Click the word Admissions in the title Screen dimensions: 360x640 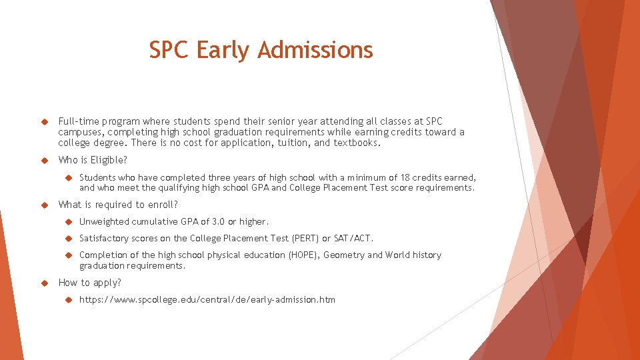click(x=315, y=50)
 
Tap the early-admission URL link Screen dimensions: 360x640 click(x=207, y=300)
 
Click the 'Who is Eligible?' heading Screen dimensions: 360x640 click(x=93, y=160)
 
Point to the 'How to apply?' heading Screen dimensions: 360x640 click(x=90, y=283)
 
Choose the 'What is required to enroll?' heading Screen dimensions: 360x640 click(x=119, y=205)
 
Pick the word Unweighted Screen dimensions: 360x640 click(x=104, y=221)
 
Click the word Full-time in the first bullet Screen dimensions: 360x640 click(x=78, y=121)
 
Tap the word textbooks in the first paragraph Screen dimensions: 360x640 click(x=357, y=143)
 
